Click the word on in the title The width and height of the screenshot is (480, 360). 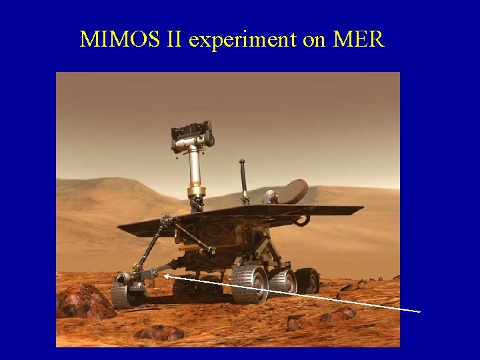314,40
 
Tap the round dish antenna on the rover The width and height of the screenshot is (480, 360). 291,192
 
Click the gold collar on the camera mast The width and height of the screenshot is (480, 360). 196,192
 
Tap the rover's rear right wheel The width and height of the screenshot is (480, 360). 307,280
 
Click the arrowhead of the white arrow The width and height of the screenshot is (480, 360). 165,275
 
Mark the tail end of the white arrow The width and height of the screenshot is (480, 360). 419,311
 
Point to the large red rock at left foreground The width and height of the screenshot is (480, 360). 83,301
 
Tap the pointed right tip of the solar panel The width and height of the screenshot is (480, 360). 361,208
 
